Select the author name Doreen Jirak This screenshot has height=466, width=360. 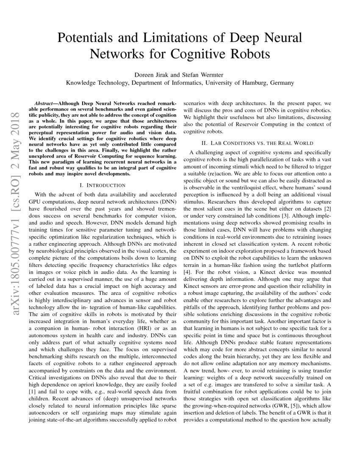(x=151, y=75)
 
